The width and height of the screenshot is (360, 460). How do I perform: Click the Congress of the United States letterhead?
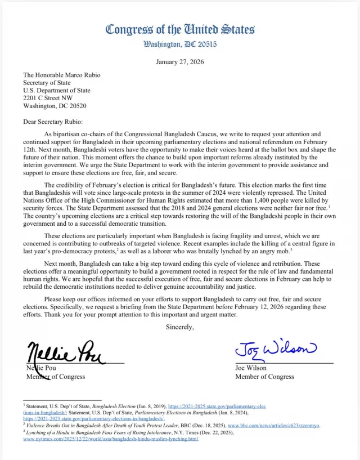pyautogui.click(x=180, y=29)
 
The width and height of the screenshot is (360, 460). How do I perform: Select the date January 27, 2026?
pyautogui.click(x=180, y=61)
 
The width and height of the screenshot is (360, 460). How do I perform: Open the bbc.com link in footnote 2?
pyautogui.click(x=273, y=426)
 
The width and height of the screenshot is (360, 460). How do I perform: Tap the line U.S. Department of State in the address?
pyautogui.click(x=56, y=90)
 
